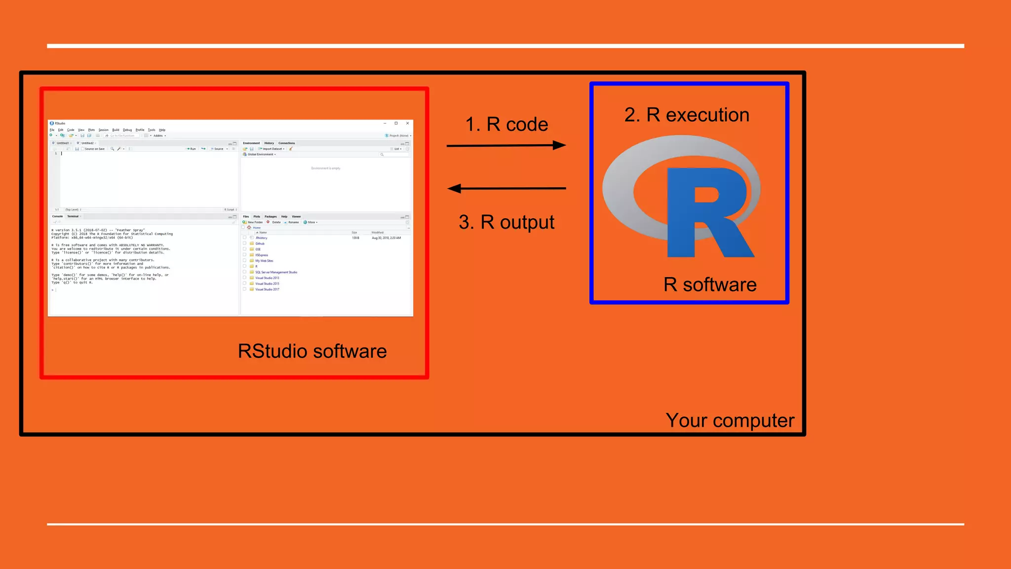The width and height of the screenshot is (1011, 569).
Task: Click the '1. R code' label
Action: (x=506, y=124)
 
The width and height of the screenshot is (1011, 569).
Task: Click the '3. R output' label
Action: (x=506, y=222)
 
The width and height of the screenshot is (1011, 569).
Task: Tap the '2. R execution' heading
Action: (x=687, y=115)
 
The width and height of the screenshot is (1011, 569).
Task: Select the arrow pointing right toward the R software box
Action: (x=506, y=145)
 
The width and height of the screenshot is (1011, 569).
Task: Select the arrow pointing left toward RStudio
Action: (x=506, y=188)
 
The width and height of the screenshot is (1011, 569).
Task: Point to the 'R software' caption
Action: (x=709, y=285)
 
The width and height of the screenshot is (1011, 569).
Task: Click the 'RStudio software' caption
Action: (x=312, y=352)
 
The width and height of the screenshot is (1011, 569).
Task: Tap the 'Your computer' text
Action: (x=730, y=421)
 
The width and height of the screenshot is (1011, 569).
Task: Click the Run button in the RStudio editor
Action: (x=192, y=149)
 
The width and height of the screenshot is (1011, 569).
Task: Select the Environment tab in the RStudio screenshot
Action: (x=251, y=143)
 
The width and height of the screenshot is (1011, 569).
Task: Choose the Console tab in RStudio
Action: (x=57, y=216)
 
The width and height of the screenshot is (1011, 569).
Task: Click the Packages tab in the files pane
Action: (x=271, y=216)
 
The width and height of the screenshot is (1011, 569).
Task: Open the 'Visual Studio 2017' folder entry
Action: (x=267, y=289)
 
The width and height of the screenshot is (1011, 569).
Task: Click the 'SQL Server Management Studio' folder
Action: (x=276, y=272)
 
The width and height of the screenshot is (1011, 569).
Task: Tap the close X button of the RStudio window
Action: (x=407, y=123)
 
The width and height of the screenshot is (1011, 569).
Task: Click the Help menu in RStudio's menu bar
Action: (x=162, y=130)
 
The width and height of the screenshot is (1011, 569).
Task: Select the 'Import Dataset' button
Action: (x=272, y=149)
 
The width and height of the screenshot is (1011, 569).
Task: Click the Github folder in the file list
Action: (x=260, y=244)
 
